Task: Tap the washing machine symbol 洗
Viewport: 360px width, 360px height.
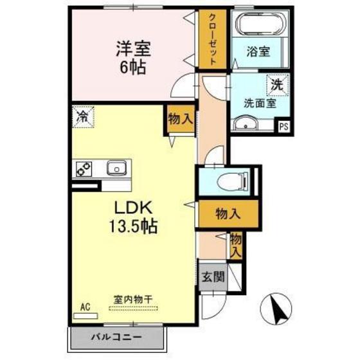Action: pos(277,84)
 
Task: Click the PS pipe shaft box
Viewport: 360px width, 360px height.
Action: pos(283,127)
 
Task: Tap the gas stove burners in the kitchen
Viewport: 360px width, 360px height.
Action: pos(83,169)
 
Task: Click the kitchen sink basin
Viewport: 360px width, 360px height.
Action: pos(116,169)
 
